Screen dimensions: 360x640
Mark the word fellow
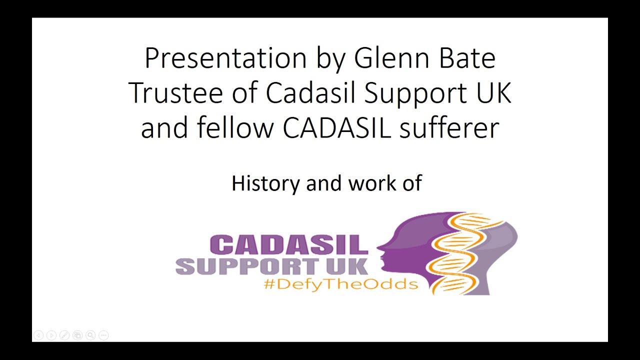pos(235,127)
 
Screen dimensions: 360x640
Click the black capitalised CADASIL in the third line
pos(336,127)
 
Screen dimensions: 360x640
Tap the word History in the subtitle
pos(265,183)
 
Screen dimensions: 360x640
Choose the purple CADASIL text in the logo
pos(288,245)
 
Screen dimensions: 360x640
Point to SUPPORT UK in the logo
pos(272,266)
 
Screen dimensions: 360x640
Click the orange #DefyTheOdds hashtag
pos(340,284)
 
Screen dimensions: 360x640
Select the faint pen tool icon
pos(64,335)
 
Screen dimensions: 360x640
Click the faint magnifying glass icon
pos(90,335)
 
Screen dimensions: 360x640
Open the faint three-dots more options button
pos(103,335)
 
